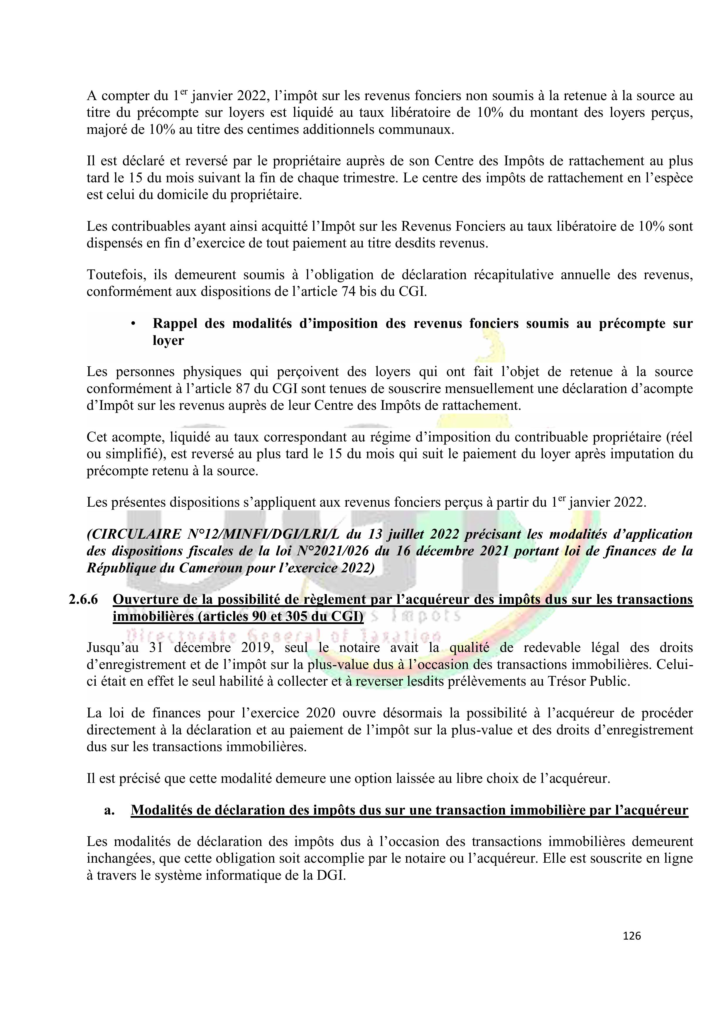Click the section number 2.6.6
83,599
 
